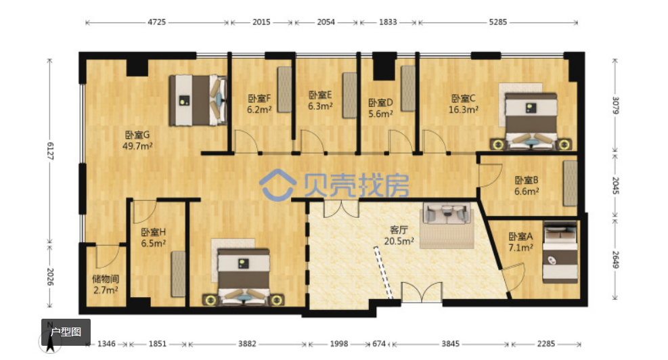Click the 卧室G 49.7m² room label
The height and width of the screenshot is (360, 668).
pyautogui.click(x=137, y=141)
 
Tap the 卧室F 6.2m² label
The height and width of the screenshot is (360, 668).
pyautogui.click(x=259, y=104)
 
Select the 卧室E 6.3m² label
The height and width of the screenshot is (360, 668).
pyautogui.click(x=320, y=101)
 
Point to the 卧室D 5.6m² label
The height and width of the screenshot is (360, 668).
pyautogui.click(x=380, y=108)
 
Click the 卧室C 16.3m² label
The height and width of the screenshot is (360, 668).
pyautogui.click(x=463, y=104)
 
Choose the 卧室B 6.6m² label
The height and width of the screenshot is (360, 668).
pyautogui.click(x=526, y=185)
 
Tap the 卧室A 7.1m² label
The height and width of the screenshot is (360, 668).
pyautogui.click(x=520, y=242)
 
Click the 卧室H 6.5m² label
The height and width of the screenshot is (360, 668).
pyautogui.click(x=154, y=238)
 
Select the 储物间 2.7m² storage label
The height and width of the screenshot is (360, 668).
pyautogui.click(x=106, y=285)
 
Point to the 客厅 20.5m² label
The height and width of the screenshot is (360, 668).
pyautogui.click(x=399, y=235)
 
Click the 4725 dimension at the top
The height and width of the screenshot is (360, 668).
pyautogui.click(x=156, y=22)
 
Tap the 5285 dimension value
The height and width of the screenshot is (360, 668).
pyautogui.click(x=497, y=22)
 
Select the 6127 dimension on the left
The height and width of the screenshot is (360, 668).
pyautogui.click(x=50, y=152)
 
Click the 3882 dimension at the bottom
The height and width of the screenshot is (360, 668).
pyautogui.click(x=247, y=344)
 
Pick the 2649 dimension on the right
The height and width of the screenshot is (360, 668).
pyautogui.click(x=616, y=260)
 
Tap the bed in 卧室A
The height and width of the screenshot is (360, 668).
pyautogui.click(x=560, y=252)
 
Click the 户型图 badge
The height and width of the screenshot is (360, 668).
pyautogui.click(x=66, y=332)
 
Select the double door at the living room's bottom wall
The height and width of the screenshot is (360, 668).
pyautogui.click(x=422, y=292)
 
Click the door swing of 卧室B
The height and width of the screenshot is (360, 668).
pyautogui.click(x=491, y=175)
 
